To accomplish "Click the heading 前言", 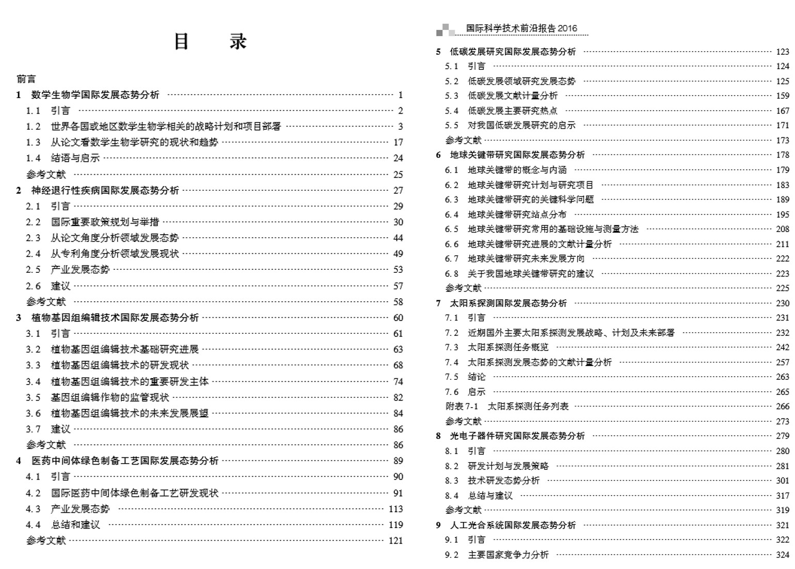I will (x=26, y=79).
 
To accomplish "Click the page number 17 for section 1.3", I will (x=398, y=143).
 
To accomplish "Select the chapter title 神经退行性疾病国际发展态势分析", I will (x=105, y=191).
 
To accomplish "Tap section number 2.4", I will (x=33, y=254).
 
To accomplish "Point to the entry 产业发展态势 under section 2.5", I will (x=80, y=270).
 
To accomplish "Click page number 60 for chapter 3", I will (x=398, y=318).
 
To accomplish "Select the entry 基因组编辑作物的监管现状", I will (x=109, y=397).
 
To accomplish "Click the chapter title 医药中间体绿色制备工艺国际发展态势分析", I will (x=125, y=461).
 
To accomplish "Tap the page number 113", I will (x=395, y=509).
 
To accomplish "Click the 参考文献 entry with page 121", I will (x=46, y=541).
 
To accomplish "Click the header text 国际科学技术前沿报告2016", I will (x=521, y=28).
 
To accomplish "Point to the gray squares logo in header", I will (x=445, y=30).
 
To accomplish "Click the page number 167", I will (x=782, y=111).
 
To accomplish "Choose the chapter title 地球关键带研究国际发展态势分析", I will (x=517, y=155).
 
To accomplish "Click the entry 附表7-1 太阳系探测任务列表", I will (x=507, y=407).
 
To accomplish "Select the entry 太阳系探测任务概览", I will (x=507, y=347).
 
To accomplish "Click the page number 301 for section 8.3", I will (x=782, y=481).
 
